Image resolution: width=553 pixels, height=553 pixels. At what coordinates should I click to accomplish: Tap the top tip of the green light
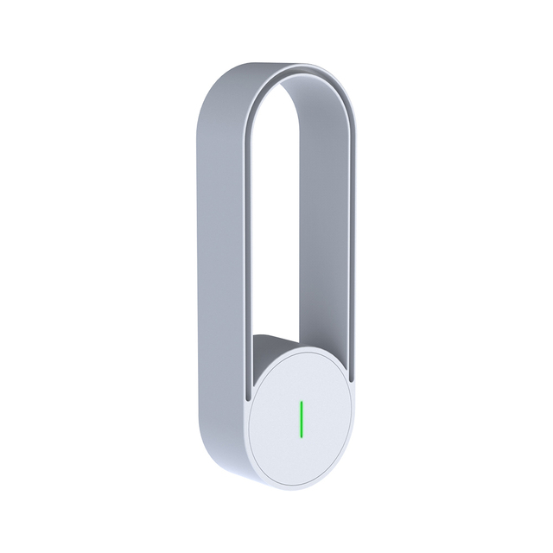pos(301,402)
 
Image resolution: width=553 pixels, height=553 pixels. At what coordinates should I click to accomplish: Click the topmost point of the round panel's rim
pos(302,345)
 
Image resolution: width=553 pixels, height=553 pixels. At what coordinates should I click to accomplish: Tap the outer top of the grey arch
pos(251,67)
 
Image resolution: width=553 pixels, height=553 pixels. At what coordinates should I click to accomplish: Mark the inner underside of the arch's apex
pos(299,80)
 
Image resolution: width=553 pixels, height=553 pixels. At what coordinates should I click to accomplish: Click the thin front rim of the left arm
pos(245,259)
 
